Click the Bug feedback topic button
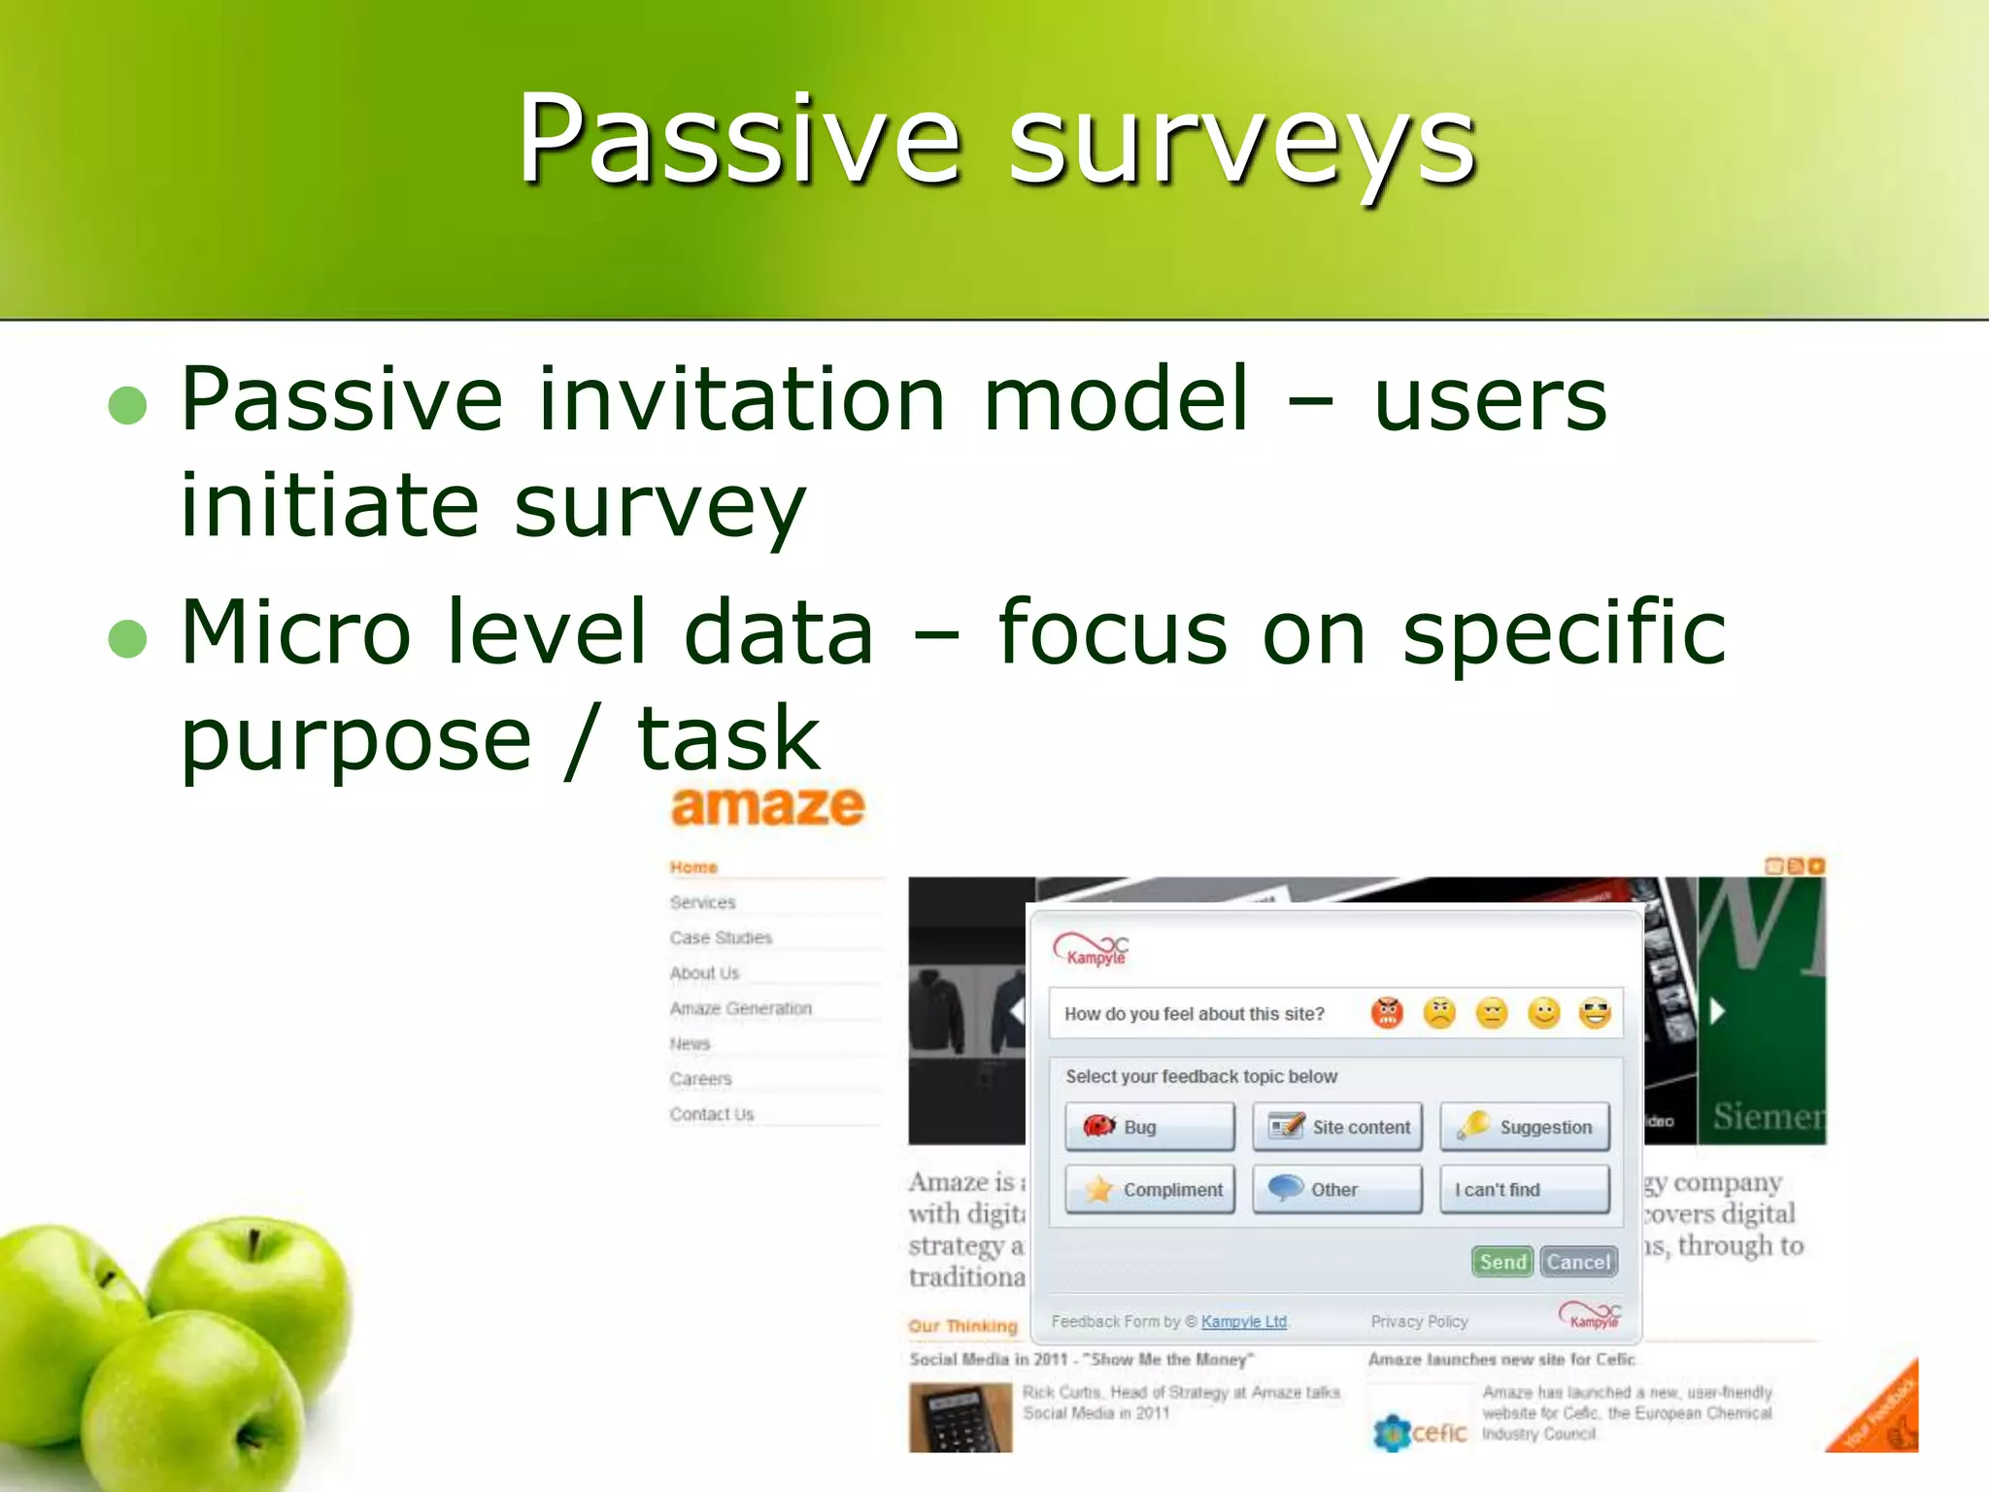pos(1149,1127)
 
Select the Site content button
pos(1337,1127)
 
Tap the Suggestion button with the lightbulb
pos(1524,1127)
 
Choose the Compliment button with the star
pos(1149,1190)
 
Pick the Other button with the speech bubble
pos(1337,1190)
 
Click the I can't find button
pos(1524,1190)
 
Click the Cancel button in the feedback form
pos(1578,1262)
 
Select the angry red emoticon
pos(1387,1013)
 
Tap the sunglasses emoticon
pos(1595,1013)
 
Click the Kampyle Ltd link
pos(1243,1322)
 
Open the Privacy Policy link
pos(1419,1322)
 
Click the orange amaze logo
pos(767,806)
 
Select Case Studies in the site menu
pos(721,937)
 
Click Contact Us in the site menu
pos(712,1114)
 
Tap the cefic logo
pos(1420,1432)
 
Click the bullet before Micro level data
pos(127,638)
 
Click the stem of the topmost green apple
pos(253,1244)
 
